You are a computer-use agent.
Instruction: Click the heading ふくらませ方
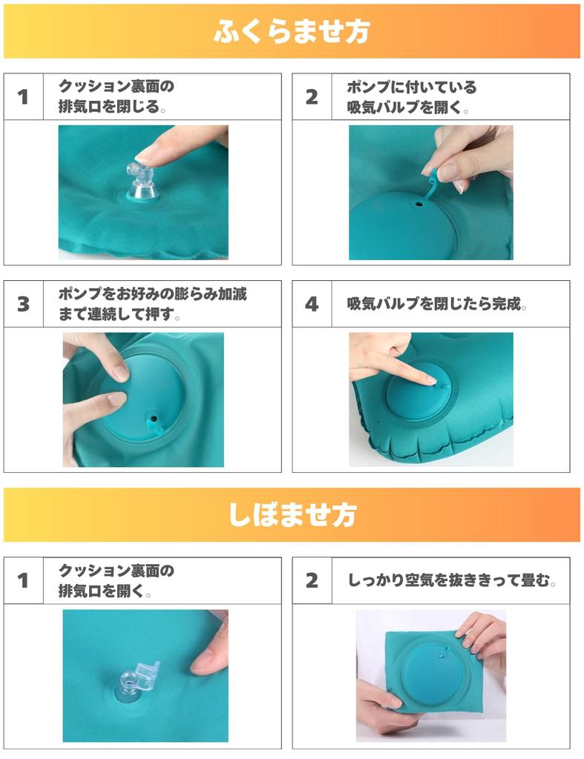tap(292, 32)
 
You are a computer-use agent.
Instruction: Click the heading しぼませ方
tap(292, 514)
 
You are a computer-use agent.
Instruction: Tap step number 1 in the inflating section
tap(24, 96)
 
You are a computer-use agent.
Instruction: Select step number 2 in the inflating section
tap(312, 96)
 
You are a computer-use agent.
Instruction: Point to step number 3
tap(24, 304)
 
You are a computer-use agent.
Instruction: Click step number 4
tap(312, 304)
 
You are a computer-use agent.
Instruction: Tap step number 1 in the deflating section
tap(24, 580)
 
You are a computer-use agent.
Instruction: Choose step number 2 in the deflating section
tap(312, 580)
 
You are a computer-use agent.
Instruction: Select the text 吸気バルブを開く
tap(407, 107)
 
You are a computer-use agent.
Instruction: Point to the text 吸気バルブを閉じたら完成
tap(437, 304)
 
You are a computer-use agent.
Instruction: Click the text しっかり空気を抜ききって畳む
tap(452, 580)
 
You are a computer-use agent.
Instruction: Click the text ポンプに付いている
tap(412, 87)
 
